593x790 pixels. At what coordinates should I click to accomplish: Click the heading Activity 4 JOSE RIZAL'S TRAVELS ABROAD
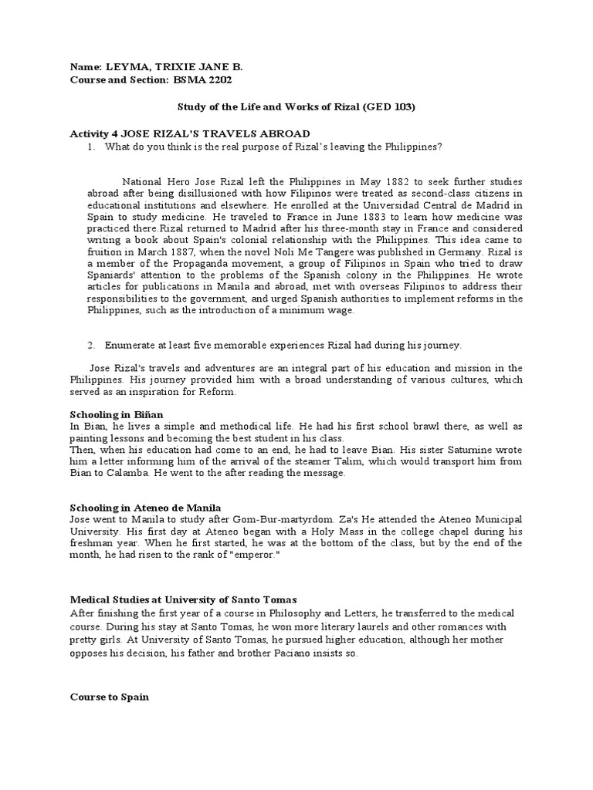[x=190, y=133]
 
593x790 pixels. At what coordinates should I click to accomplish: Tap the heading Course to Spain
[x=109, y=697]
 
